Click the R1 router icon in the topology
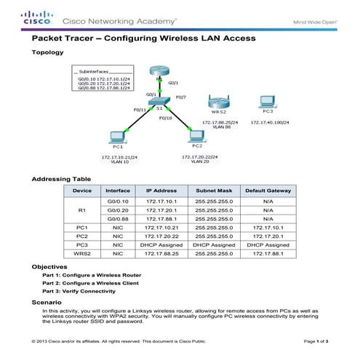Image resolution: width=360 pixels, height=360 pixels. (x=159, y=73)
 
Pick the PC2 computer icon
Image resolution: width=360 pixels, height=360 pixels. (x=194, y=135)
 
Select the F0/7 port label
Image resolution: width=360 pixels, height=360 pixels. (x=181, y=96)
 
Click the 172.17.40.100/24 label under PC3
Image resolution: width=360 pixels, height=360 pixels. (x=270, y=122)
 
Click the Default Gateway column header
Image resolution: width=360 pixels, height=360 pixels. (x=268, y=190)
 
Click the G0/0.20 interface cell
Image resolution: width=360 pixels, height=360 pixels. (x=118, y=209)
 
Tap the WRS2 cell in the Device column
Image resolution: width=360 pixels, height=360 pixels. (x=81, y=255)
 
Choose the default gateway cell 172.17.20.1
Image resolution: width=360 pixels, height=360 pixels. (x=268, y=236)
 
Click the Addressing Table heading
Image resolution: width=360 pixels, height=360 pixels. (x=62, y=178)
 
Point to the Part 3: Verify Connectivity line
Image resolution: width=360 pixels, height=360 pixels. (x=80, y=290)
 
